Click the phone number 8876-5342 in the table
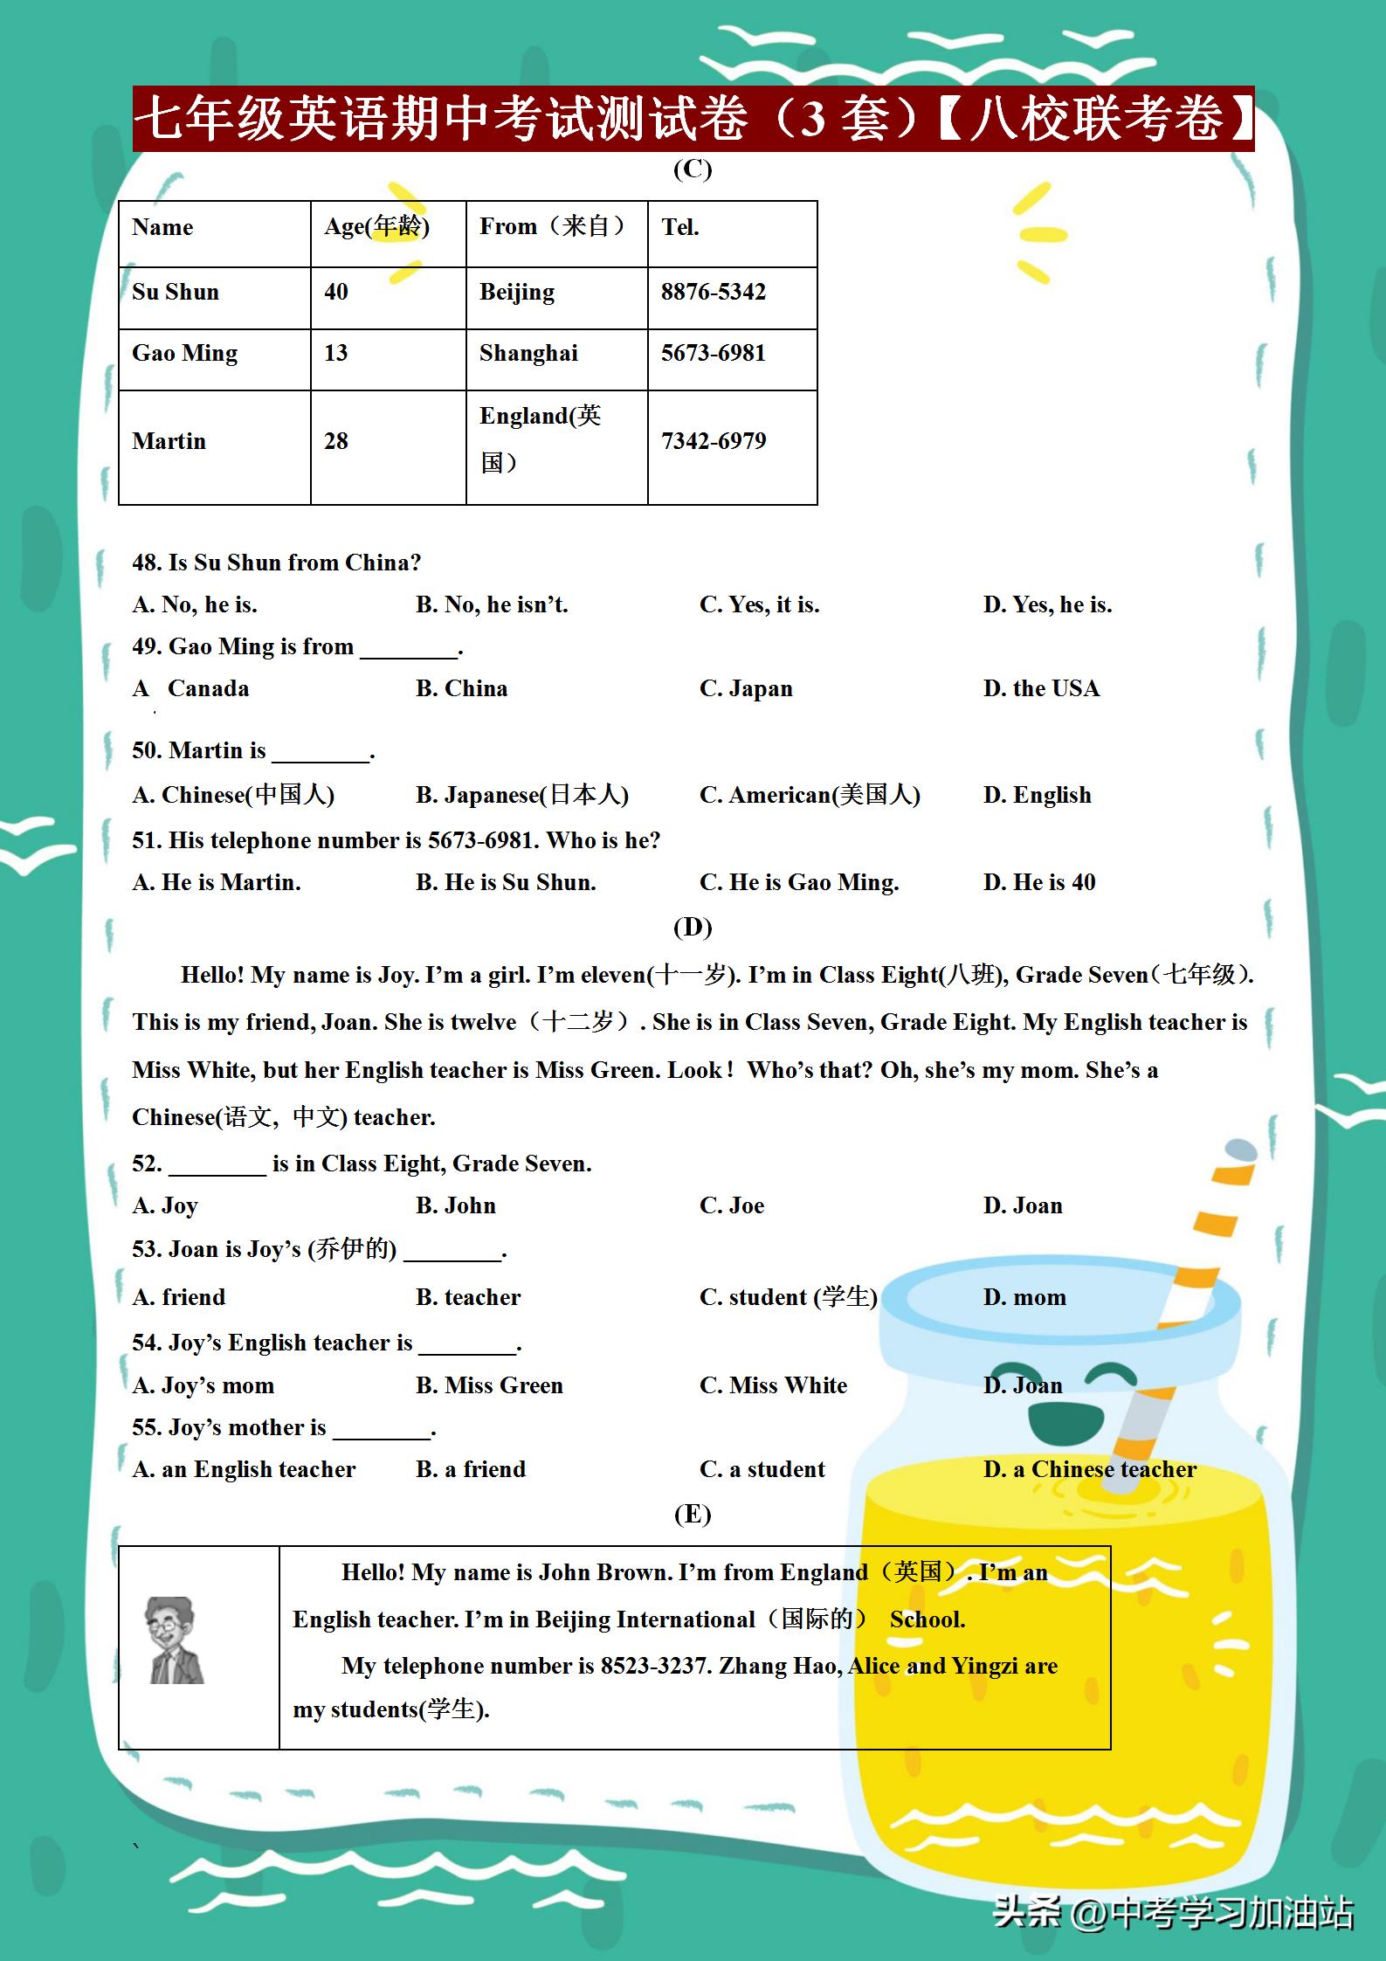point(713,292)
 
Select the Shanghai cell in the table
point(528,353)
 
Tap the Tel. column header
point(680,227)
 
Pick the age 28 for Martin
point(336,441)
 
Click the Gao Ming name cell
point(184,353)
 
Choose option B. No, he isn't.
point(492,604)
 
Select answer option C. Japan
point(746,688)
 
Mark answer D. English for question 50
point(1037,795)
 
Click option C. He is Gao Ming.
point(799,882)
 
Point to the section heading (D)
point(693,926)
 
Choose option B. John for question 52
point(455,1205)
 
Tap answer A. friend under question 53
point(179,1297)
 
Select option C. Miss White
point(773,1385)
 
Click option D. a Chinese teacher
point(1089,1469)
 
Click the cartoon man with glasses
point(175,1640)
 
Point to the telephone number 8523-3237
point(652,1666)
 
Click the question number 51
point(146,840)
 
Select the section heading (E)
point(693,1514)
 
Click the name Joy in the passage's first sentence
point(396,975)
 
